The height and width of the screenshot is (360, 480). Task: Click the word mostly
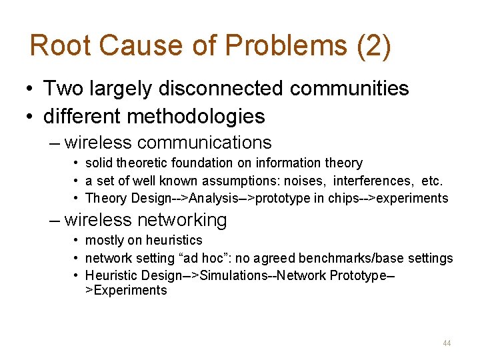pyautogui.click(x=103, y=240)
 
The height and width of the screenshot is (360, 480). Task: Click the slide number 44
pyautogui.click(x=447, y=343)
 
